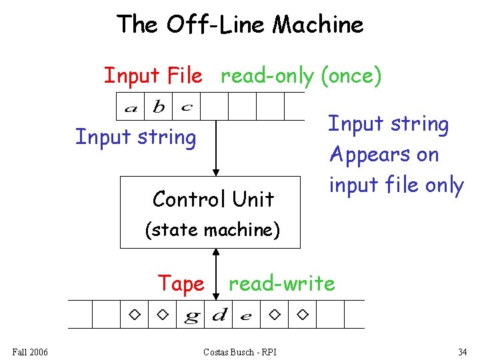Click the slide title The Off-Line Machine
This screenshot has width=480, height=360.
tap(240, 25)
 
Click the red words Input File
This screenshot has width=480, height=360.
tap(153, 76)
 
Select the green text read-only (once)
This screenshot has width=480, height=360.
tap(301, 76)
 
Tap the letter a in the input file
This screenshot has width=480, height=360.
tap(131, 107)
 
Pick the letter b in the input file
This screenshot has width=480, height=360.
tap(159, 107)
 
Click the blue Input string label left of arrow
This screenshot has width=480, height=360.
tap(135, 137)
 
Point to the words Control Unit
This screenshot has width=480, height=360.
tap(213, 199)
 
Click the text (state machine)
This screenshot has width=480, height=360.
tap(213, 230)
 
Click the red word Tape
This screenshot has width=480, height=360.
tap(181, 283)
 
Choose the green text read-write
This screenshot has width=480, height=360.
tap(281, 283)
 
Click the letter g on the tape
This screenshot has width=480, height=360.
tap(191, 316)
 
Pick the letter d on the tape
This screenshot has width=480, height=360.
tap(219, 315)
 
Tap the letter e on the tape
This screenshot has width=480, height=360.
tap(246, 316)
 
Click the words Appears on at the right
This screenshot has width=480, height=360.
tap(384, 155)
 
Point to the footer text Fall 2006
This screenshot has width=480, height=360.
tap(30, 351)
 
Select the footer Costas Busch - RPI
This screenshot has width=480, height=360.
tap(240, 351)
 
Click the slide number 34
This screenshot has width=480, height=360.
tap(463, 351)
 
